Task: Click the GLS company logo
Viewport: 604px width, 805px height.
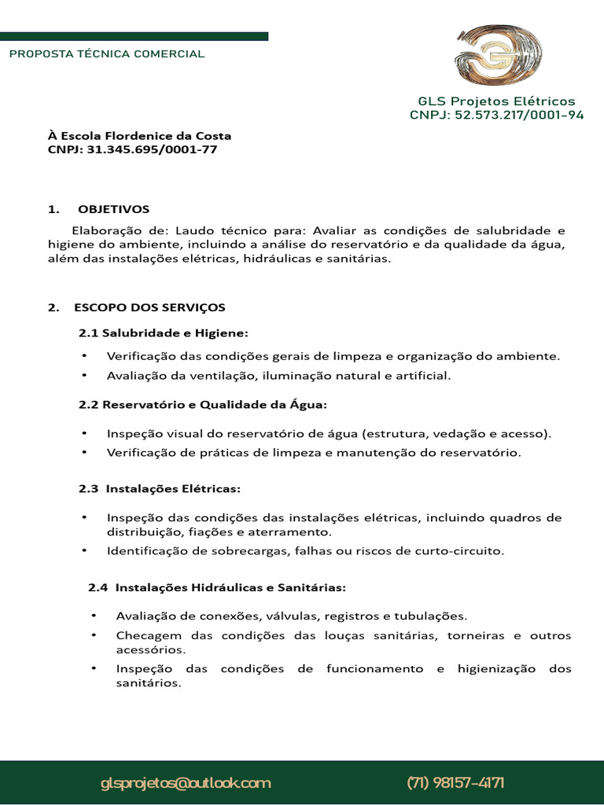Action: click(498, 58)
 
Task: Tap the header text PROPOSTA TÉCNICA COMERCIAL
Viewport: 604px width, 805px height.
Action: click(106, 54)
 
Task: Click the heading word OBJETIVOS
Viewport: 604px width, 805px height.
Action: click(113, 209)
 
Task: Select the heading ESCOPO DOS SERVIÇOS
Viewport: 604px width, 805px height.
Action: click(149, 307)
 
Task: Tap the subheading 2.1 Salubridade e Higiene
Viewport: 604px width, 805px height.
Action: click(163, 333)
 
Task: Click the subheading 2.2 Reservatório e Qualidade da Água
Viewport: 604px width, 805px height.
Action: click(202, 404)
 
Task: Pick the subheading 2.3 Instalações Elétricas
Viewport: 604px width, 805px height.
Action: click(159, 488)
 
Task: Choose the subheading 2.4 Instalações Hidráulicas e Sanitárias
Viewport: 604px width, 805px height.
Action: click(216, 586)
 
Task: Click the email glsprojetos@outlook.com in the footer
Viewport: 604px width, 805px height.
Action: click(186, 783)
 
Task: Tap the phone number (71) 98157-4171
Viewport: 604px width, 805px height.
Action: click(455, 783)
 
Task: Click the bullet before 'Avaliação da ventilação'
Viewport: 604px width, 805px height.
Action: click(84, 376)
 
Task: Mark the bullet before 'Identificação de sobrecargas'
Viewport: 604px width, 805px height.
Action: click(84, 551)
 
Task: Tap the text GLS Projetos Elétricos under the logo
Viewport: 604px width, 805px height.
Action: click(496, 101)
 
